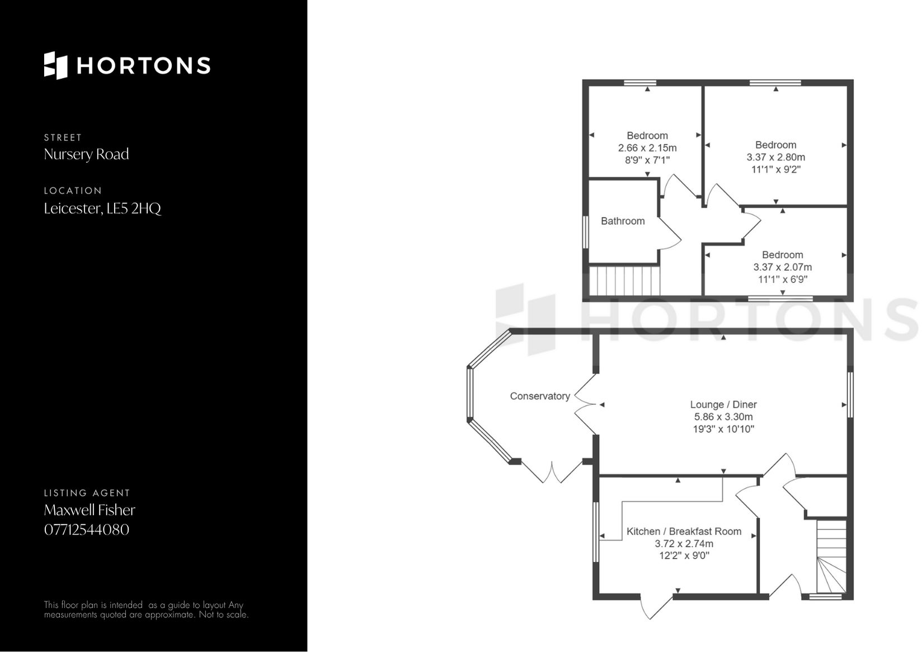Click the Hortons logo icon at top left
pyautogui.click(x=55, y=65)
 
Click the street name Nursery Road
pyautogui.click(x=86, y=154)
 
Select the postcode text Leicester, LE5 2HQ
pyautogui.click(x=102, y=209)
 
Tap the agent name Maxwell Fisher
pyautogui.click(x=90, y=510)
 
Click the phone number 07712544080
pyautogui.click(x=87, y=530)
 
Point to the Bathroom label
pyautogui.click(x=623, y=221)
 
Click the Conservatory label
pyautogui.click(x=540, y=396)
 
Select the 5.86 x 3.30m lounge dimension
pyautogui.click(x=723, y=417)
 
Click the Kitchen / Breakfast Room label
pyautogui.click(x=684, y=531)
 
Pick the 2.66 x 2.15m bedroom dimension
pyautogui.click(x=647, y=148)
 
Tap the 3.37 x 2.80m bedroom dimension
pyautogui.click(x=775, y=157)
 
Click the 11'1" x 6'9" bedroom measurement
pyautogui.click(x=782, y=280)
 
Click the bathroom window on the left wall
pyautogui.click(x=585, y=232)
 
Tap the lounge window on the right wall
pyautogui.click(x=850, y=395)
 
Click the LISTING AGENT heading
pyautogui.click(x=87, y=493)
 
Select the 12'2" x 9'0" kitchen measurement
pyautogui.click(x=684, y=556)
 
